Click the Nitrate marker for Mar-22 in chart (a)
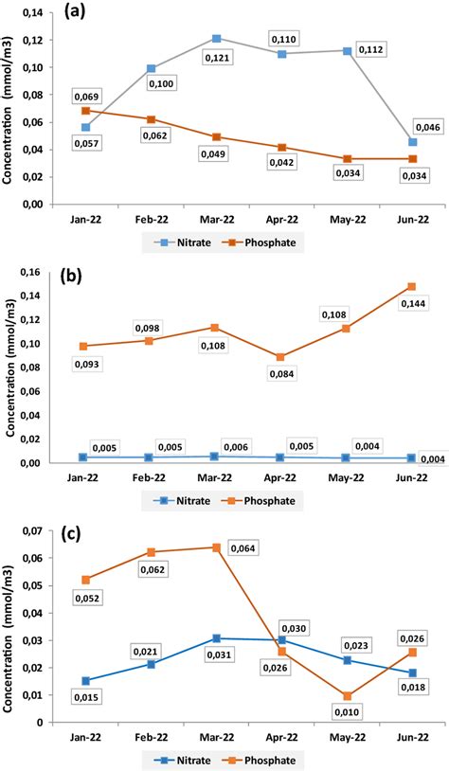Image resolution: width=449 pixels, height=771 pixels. (x=217, y=39)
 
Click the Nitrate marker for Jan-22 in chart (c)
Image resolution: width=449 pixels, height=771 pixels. (x=86, y=681)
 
